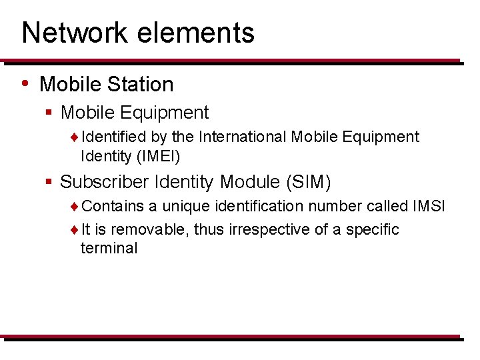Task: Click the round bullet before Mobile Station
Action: pyautogui.click(x=25, y=83)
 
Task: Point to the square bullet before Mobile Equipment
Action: pyautogui.click(x=49, y=113)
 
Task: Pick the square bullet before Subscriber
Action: pyautogui.click(x=49, y=182)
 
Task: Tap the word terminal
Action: pyautogui.click(x=109, y=249)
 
